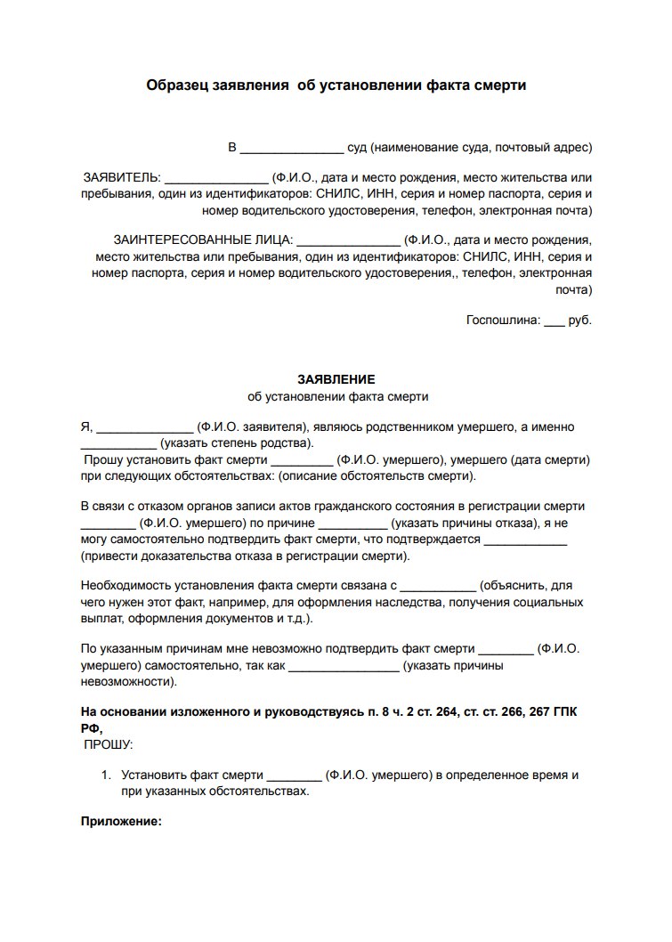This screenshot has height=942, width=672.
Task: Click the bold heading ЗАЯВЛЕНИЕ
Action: point(336,378)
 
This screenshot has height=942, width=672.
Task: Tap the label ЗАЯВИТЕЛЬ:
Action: point(121,176)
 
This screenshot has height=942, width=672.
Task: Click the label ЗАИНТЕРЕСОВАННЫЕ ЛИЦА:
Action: point(202,240)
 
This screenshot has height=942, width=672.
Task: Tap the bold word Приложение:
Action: point(121,822)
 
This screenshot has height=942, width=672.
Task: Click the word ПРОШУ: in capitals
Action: point(109,743)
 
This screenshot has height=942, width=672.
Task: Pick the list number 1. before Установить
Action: point(109,775)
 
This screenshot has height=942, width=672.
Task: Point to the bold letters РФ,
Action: point(92,727)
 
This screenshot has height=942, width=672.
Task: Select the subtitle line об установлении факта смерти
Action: point(336,395)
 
